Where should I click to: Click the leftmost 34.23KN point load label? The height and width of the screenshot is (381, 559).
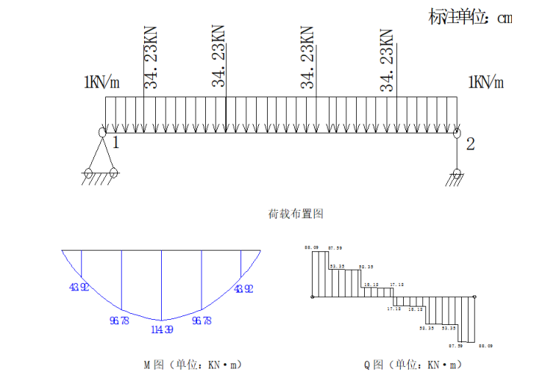point(150,57)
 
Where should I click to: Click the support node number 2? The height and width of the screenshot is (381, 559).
point(470,144)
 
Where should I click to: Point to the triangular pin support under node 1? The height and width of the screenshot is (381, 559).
point(101,156)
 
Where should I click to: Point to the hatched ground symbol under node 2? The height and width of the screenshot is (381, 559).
point(457,178)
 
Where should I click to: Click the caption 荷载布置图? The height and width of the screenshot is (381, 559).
point(296,214)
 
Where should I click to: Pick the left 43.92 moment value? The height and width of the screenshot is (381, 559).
point(79,288)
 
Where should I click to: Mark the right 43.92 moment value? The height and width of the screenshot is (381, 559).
point(243,288)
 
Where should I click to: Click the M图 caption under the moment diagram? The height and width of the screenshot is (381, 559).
point(192,364)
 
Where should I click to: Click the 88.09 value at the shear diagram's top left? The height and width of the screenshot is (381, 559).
point(310,248)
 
